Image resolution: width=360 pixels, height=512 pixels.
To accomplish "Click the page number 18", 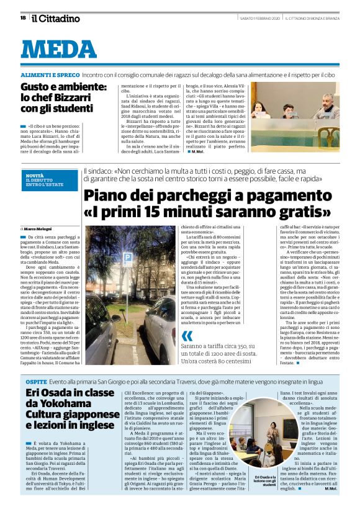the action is [22, 18].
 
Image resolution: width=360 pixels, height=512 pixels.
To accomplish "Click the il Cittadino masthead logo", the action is [56, 18].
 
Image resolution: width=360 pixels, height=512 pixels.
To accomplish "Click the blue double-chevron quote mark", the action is [187, 336].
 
